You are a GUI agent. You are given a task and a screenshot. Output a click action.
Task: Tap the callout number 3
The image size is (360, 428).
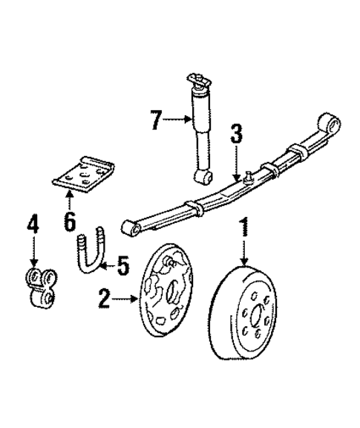[235, 134]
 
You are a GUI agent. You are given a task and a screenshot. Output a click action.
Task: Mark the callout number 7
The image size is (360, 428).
[154, 119]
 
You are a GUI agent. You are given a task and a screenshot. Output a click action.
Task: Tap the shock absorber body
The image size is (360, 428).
[200, 134]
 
